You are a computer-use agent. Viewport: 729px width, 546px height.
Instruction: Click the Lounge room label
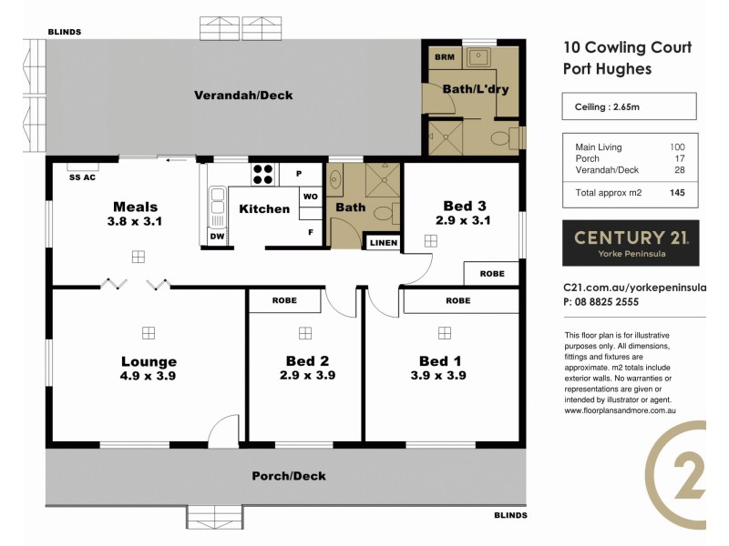149,361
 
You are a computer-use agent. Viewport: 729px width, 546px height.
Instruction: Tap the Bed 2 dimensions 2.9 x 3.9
305,374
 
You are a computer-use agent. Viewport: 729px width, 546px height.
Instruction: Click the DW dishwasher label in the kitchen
217,237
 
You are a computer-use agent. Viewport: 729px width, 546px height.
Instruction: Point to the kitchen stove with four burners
262,173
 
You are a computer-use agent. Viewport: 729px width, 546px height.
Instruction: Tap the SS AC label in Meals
83,177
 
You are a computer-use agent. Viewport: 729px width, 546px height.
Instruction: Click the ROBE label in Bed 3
491,273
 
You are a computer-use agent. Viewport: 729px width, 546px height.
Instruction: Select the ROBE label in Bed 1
457,300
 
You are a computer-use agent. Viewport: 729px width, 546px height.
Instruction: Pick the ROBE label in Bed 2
283,300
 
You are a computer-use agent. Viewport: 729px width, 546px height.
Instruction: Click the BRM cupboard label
444,57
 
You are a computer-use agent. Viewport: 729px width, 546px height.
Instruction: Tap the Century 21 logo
631,242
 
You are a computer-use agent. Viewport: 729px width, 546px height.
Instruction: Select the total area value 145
676,193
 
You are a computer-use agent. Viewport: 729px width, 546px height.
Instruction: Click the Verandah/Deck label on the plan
242,95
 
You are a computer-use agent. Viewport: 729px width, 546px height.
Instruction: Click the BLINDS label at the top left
65,32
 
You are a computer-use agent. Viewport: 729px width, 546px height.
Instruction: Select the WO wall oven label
310,197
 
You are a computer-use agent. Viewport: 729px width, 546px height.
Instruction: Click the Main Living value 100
676,147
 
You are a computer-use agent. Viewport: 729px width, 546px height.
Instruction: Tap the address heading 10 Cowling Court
627,47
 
